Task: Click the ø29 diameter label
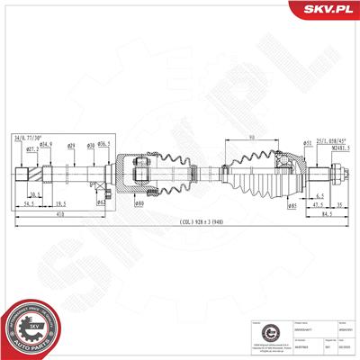tap(71, 145)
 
